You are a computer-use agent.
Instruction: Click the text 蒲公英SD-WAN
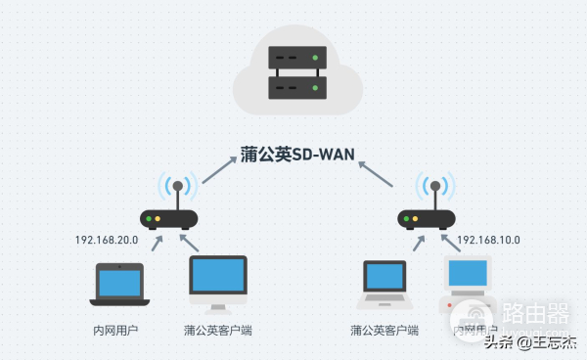tap(297, 155)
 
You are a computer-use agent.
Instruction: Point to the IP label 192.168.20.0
tap(107, 240)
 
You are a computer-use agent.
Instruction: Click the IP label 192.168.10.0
tap(488, 240)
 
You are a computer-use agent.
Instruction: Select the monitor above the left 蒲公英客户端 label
tap(216, 284)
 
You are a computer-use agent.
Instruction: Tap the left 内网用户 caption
tap(114, 330)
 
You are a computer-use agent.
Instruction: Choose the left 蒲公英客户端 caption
tap(217, 330)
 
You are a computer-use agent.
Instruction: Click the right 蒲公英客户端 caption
tap(384, 330)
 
